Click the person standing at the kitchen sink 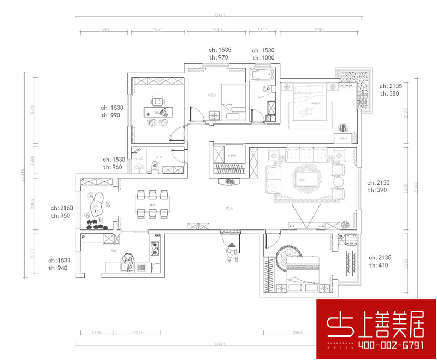pyautogui.click(x=128, y=261)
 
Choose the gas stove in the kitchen pyautogui.click(x=155, y=247)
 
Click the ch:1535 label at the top pyautogui.click(x=220, y=50)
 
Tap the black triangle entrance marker pyautogui.click(x=232, y=244)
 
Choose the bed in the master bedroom pyautogui.click(x=306, y=101)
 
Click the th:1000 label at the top pyautogui.click(x=263, y=57)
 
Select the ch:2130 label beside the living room pyautogui.click(x=379, y=183)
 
